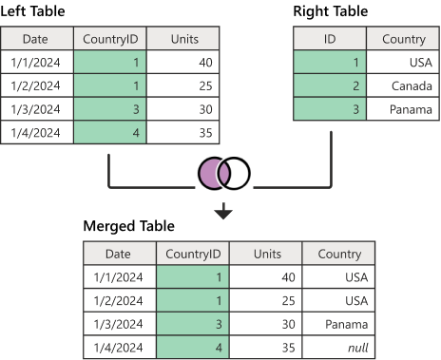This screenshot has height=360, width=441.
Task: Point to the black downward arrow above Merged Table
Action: click(x=223, y=211)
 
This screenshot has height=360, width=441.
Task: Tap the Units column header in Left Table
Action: click(x=184, y=40)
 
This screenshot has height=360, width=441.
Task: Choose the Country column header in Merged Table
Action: click(x=338, y=254)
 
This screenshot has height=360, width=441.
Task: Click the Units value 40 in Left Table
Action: click(x=184, y=63)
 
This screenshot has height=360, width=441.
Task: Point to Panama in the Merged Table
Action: click(x=338, y=324)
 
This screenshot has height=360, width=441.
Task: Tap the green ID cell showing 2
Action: click(x=328, y=86)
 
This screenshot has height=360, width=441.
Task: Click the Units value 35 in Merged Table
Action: click(x=267, y=348)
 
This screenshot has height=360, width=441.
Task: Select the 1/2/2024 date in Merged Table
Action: click(x=119, y=300)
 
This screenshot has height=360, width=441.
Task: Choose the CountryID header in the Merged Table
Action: click(x=193, y=254)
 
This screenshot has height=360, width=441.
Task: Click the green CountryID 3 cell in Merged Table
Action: click(x=193, y=324)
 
